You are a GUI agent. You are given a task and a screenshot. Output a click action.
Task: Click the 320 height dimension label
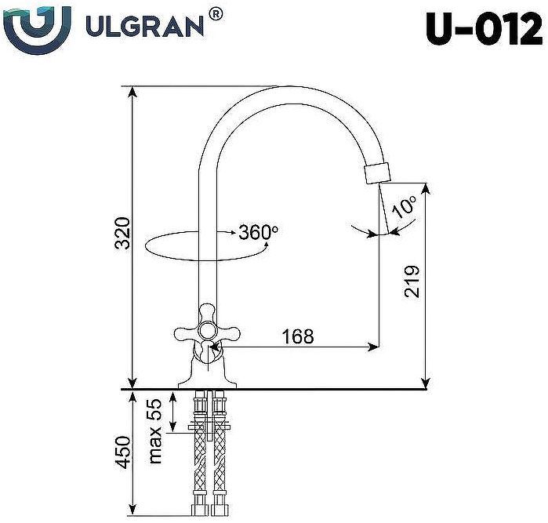point(122,234)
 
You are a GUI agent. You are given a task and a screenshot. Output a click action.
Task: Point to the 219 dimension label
point(413,281)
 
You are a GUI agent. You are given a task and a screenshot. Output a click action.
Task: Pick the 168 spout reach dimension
point(298,336)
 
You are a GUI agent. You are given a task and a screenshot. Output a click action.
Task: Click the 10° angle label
point(405,206)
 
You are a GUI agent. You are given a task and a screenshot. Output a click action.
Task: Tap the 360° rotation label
point(258,232)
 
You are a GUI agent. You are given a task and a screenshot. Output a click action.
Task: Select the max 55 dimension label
point(154,430)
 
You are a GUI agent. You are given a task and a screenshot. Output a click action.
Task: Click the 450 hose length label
point(122,452)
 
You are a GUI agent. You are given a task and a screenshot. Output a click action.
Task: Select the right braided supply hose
point(219,455)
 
